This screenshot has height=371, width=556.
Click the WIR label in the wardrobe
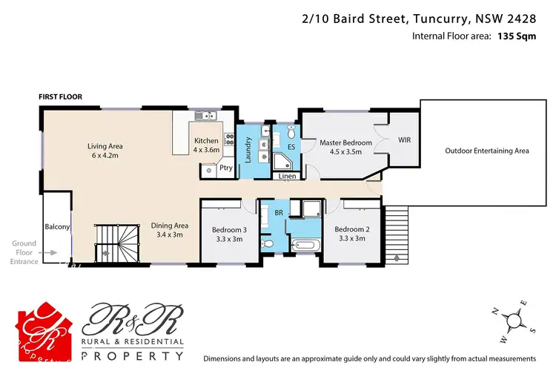coord(404,139)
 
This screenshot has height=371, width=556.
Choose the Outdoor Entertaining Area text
coord(487,151)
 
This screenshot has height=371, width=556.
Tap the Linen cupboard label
coord(288,176)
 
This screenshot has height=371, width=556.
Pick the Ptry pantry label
coord(225,168)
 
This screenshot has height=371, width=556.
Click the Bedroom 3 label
coord(228,234)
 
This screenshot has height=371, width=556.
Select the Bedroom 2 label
coord(349,234)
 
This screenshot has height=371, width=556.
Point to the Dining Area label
coord(171,230)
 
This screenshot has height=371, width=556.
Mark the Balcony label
coord(57,226)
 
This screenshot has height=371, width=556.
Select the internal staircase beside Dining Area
coord(117,243)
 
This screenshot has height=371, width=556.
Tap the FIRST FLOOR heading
coord(61,96)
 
